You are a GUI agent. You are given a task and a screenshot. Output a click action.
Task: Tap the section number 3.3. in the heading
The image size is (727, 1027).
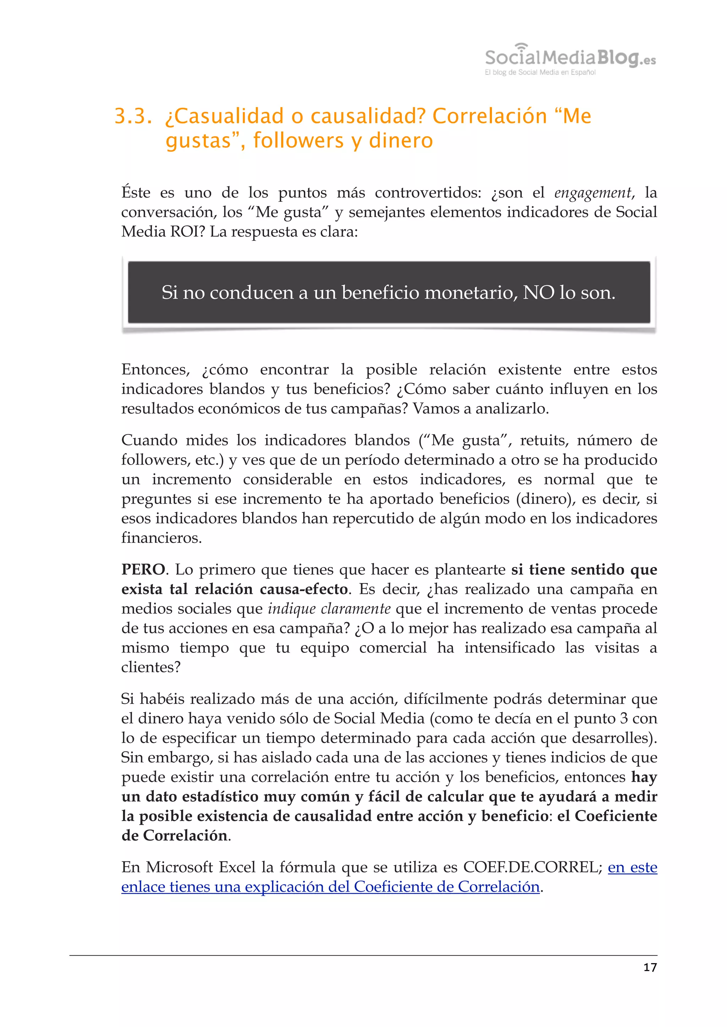pos(133,116)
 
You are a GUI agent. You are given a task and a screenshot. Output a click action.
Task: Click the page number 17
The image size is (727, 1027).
pos(650,967)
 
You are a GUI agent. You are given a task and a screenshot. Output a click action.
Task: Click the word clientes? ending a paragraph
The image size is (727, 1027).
pos(151,667)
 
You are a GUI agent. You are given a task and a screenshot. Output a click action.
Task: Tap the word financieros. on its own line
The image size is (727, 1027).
pos(162,538)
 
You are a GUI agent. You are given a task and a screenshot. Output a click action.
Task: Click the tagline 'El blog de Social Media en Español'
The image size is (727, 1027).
pos(540,72)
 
